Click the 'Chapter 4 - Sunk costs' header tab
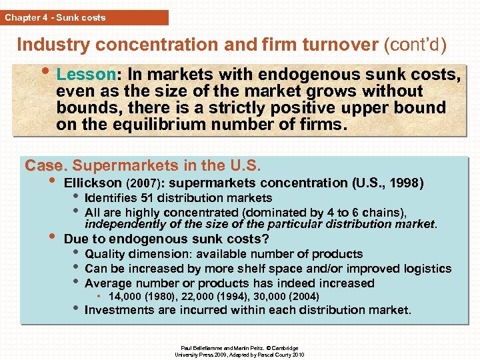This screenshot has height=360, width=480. pos(55,17)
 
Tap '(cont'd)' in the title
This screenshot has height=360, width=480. pos(415,45)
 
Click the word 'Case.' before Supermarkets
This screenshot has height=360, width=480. pos(46,165)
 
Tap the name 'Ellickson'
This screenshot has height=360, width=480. pos(93,183)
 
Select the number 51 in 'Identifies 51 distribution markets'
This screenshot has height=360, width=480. pos(143,198)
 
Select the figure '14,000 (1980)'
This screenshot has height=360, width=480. pos(143,297)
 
